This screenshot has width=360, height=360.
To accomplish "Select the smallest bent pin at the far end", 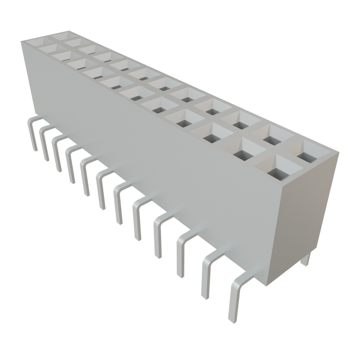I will pyautogui.click(x=32, y=132).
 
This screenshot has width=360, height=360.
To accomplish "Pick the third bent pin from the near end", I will pyautogui.click(x=183, y=251).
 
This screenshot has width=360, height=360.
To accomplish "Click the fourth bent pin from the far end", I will pyautogui.click(x=71, y=163).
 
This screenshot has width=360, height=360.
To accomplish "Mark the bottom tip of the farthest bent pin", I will pyautogui.click(x=35, y=150).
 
